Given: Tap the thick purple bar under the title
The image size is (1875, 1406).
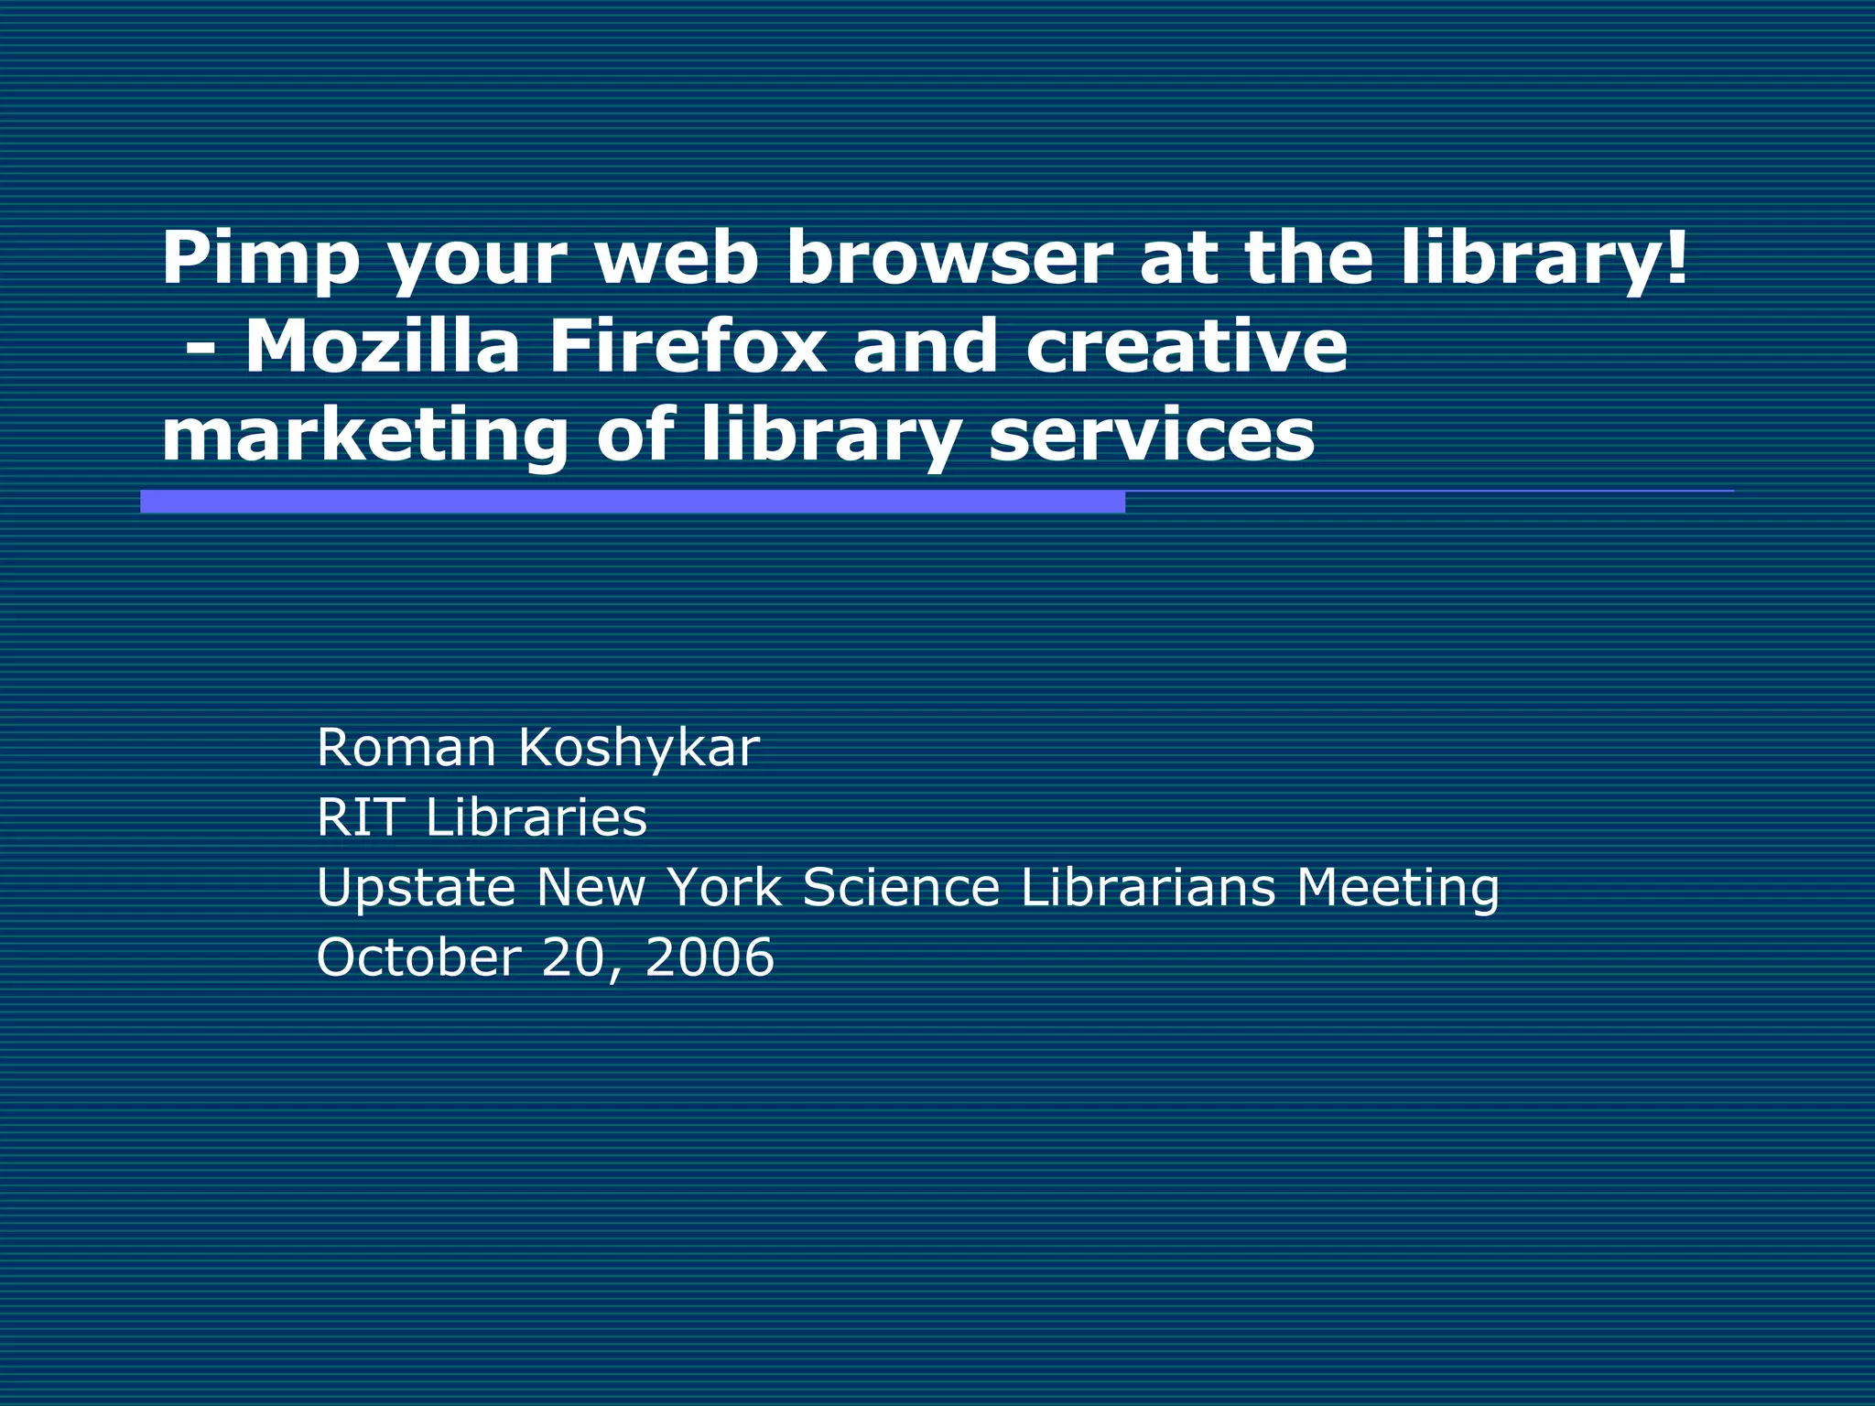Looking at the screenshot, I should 632,502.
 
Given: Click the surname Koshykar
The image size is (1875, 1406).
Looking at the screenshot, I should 639,749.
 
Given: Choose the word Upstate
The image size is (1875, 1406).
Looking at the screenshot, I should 416,889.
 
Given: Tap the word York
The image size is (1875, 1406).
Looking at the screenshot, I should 724,887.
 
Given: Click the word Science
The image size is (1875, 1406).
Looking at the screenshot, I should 901,887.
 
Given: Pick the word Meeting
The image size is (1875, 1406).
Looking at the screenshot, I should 1398,889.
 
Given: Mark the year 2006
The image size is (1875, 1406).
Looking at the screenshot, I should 710,957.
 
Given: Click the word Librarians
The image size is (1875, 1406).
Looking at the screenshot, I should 1148,887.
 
